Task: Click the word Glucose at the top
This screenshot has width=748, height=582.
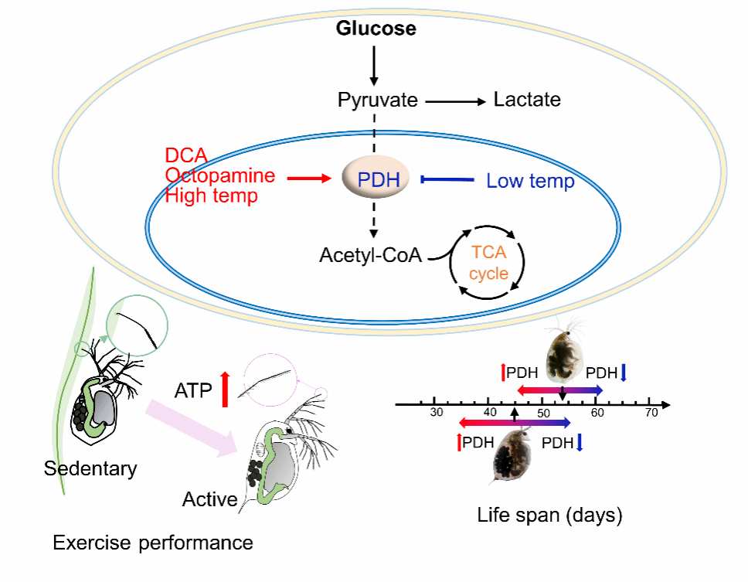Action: coord(375,30)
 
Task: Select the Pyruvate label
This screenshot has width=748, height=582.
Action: coord(377,100)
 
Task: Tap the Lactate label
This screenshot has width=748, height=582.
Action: coord(527,100)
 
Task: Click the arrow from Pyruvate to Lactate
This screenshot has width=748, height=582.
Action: coord(455,101)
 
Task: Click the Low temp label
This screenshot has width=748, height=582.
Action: coord(530,182)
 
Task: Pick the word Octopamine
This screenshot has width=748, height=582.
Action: coord(219,175)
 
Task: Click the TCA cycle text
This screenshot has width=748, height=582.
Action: coord(488,262)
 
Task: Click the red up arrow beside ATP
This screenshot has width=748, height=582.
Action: coord(225,389)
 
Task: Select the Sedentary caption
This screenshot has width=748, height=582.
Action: coord(90,468)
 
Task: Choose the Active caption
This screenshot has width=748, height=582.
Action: coord(209,500)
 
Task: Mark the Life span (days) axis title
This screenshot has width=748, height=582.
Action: coord(549,515)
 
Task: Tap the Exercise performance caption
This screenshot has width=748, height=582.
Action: coord(152,543)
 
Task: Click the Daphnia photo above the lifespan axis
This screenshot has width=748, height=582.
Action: coord(564,356)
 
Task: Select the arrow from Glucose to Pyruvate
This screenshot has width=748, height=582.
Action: coord(375,66)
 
